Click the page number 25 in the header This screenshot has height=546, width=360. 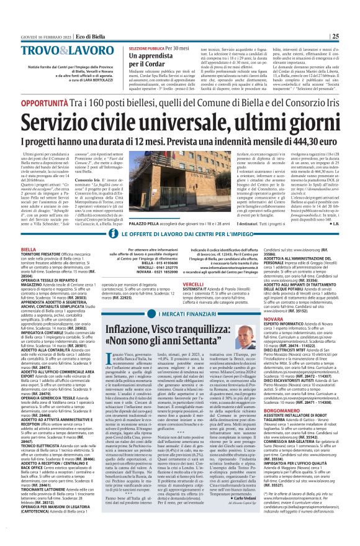351,36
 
